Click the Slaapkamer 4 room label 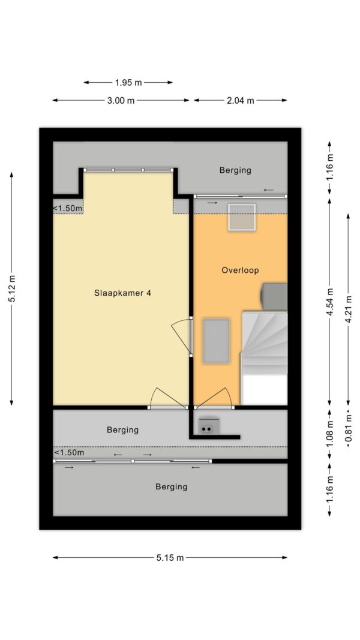tap(123, 293)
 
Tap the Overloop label tap(240, 270)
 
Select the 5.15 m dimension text tap(170, 558)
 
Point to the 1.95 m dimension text tap(128, 82)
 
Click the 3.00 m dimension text tap(121, 100)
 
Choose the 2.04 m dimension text tap(241, 100)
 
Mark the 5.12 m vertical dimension tap(12, 289)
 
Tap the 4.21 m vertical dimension tap(348, 308)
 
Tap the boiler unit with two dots tap(208, 425)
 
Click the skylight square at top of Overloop tap(242, 217)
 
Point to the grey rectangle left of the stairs tap(217, 341)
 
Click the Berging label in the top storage tap(235, 170)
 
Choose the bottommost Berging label tap(172, 486)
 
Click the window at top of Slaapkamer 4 tap(128, 170)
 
